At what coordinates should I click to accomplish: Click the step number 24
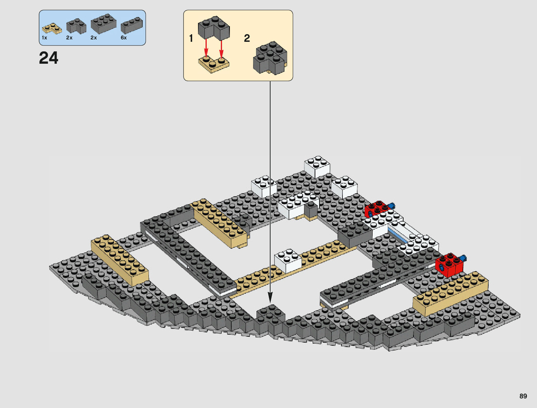[49, 58]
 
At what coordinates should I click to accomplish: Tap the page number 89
[523, 396]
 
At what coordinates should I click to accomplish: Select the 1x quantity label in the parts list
[45, 38]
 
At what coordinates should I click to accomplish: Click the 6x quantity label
[124, 38]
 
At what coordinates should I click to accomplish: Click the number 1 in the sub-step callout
[191, 38]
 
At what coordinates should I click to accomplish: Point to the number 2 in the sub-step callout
[247, 38]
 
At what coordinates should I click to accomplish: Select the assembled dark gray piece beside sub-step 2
[270, 58]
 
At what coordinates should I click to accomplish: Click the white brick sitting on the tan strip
[288, 260]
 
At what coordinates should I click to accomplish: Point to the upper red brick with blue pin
[377, 209]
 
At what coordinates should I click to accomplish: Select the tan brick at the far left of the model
[119, 260]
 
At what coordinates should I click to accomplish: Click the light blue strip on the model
[398, 236]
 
